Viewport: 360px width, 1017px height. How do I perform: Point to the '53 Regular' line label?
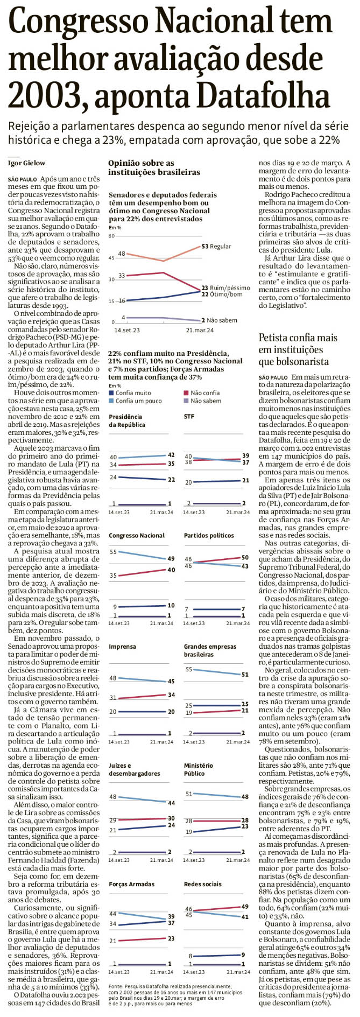[x=216, y=246]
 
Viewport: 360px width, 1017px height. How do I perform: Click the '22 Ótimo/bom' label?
[x=222, y=294]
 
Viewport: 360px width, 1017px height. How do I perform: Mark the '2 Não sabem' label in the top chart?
[x=219, y=320]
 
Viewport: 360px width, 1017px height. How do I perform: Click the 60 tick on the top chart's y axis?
[x=112, y=236]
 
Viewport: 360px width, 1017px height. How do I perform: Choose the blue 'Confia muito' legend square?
[x=111, y=393]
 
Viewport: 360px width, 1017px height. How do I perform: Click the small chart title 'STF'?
[x=189, y=417]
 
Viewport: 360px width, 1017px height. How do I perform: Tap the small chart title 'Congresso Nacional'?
[x=137, y=536]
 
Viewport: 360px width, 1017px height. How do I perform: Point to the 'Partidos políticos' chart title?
[x=209, y=536]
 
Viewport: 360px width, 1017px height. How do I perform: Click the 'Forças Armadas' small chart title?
[x=131, y=884]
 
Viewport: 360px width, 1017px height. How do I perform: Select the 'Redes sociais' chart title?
[x=202, y=884]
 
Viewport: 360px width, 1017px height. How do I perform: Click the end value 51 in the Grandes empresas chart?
[x=245, y=674]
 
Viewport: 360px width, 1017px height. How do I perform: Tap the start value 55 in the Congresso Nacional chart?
[x=113, y=552]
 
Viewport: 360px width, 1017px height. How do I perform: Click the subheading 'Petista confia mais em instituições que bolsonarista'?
[x=298, y=349]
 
